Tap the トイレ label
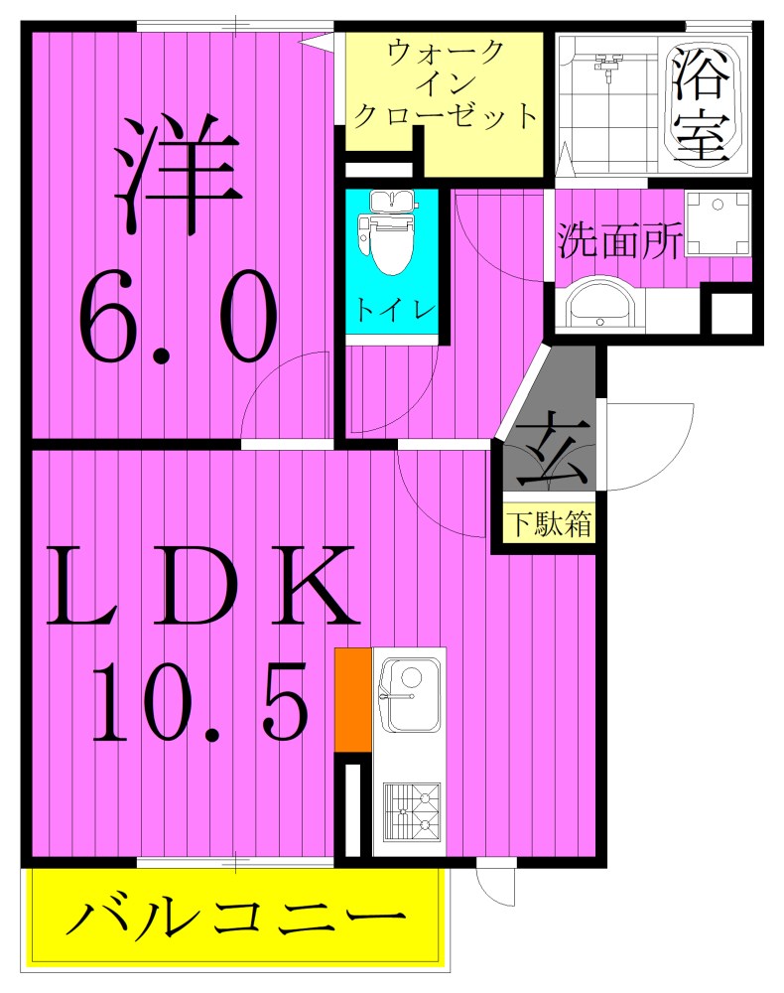click(391, 309)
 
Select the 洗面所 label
click(619, 241)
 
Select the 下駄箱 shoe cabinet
click(549, 524)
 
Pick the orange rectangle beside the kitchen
click(352, 699)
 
